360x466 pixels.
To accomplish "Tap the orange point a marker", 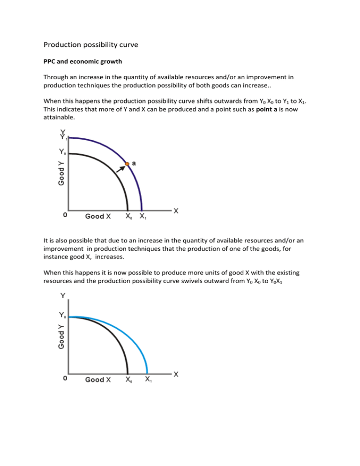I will (127, 164).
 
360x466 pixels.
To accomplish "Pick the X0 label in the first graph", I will (128, 217).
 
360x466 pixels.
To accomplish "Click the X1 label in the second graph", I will (148, 380).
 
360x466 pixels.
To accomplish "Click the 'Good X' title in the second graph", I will (98, 380).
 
